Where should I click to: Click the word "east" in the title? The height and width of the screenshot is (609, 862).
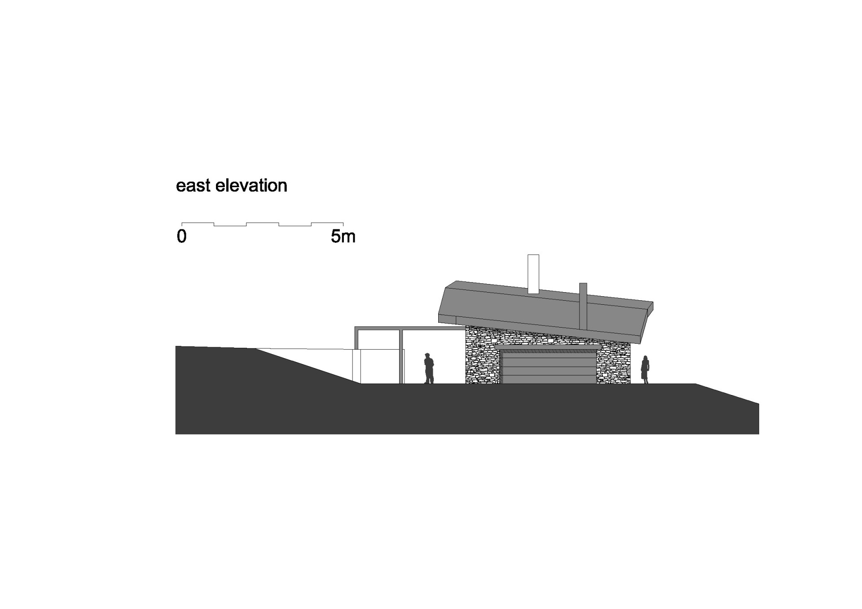[194, 186]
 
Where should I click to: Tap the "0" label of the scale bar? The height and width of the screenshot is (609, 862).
[181, 236]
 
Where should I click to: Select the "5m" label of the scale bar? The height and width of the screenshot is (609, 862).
[343, 236]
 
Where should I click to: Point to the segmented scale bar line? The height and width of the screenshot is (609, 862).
[262, 224]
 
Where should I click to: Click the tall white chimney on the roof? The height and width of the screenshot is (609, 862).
[533, 274]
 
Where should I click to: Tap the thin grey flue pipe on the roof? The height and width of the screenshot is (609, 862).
[583, 307]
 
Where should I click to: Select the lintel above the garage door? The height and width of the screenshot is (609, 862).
[547, 347]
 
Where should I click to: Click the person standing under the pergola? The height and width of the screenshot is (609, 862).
[429, 368]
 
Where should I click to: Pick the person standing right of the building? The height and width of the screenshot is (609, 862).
[645, 369]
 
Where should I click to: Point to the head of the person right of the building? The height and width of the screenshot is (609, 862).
[646, 358]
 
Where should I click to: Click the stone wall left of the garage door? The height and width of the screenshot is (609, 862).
[483, 357]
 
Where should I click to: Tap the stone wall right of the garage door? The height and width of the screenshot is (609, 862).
[613, 364]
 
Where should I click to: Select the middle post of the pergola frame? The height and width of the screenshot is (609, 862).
[401, 357]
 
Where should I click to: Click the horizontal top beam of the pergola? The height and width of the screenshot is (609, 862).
[410, 328]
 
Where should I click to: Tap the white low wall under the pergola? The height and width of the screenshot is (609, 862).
[378, 367]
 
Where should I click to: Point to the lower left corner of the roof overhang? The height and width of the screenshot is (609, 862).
[439, 322]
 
